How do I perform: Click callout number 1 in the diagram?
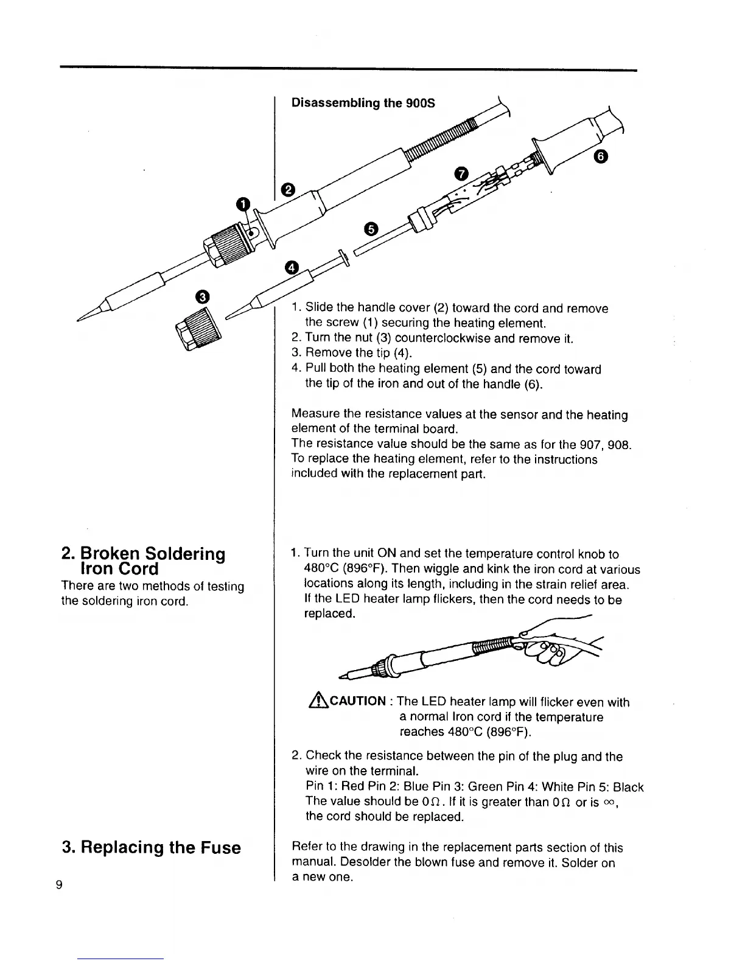[243, 203]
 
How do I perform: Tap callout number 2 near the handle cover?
[287, 190]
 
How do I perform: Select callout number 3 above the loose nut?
[202, 297]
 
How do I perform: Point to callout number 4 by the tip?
[292, 268]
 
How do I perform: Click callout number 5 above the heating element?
[371, 229]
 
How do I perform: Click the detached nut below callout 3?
[198, 329]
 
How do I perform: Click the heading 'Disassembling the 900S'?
[363, 102]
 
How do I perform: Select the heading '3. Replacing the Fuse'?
[152, 848]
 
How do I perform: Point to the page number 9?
[59, 885]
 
